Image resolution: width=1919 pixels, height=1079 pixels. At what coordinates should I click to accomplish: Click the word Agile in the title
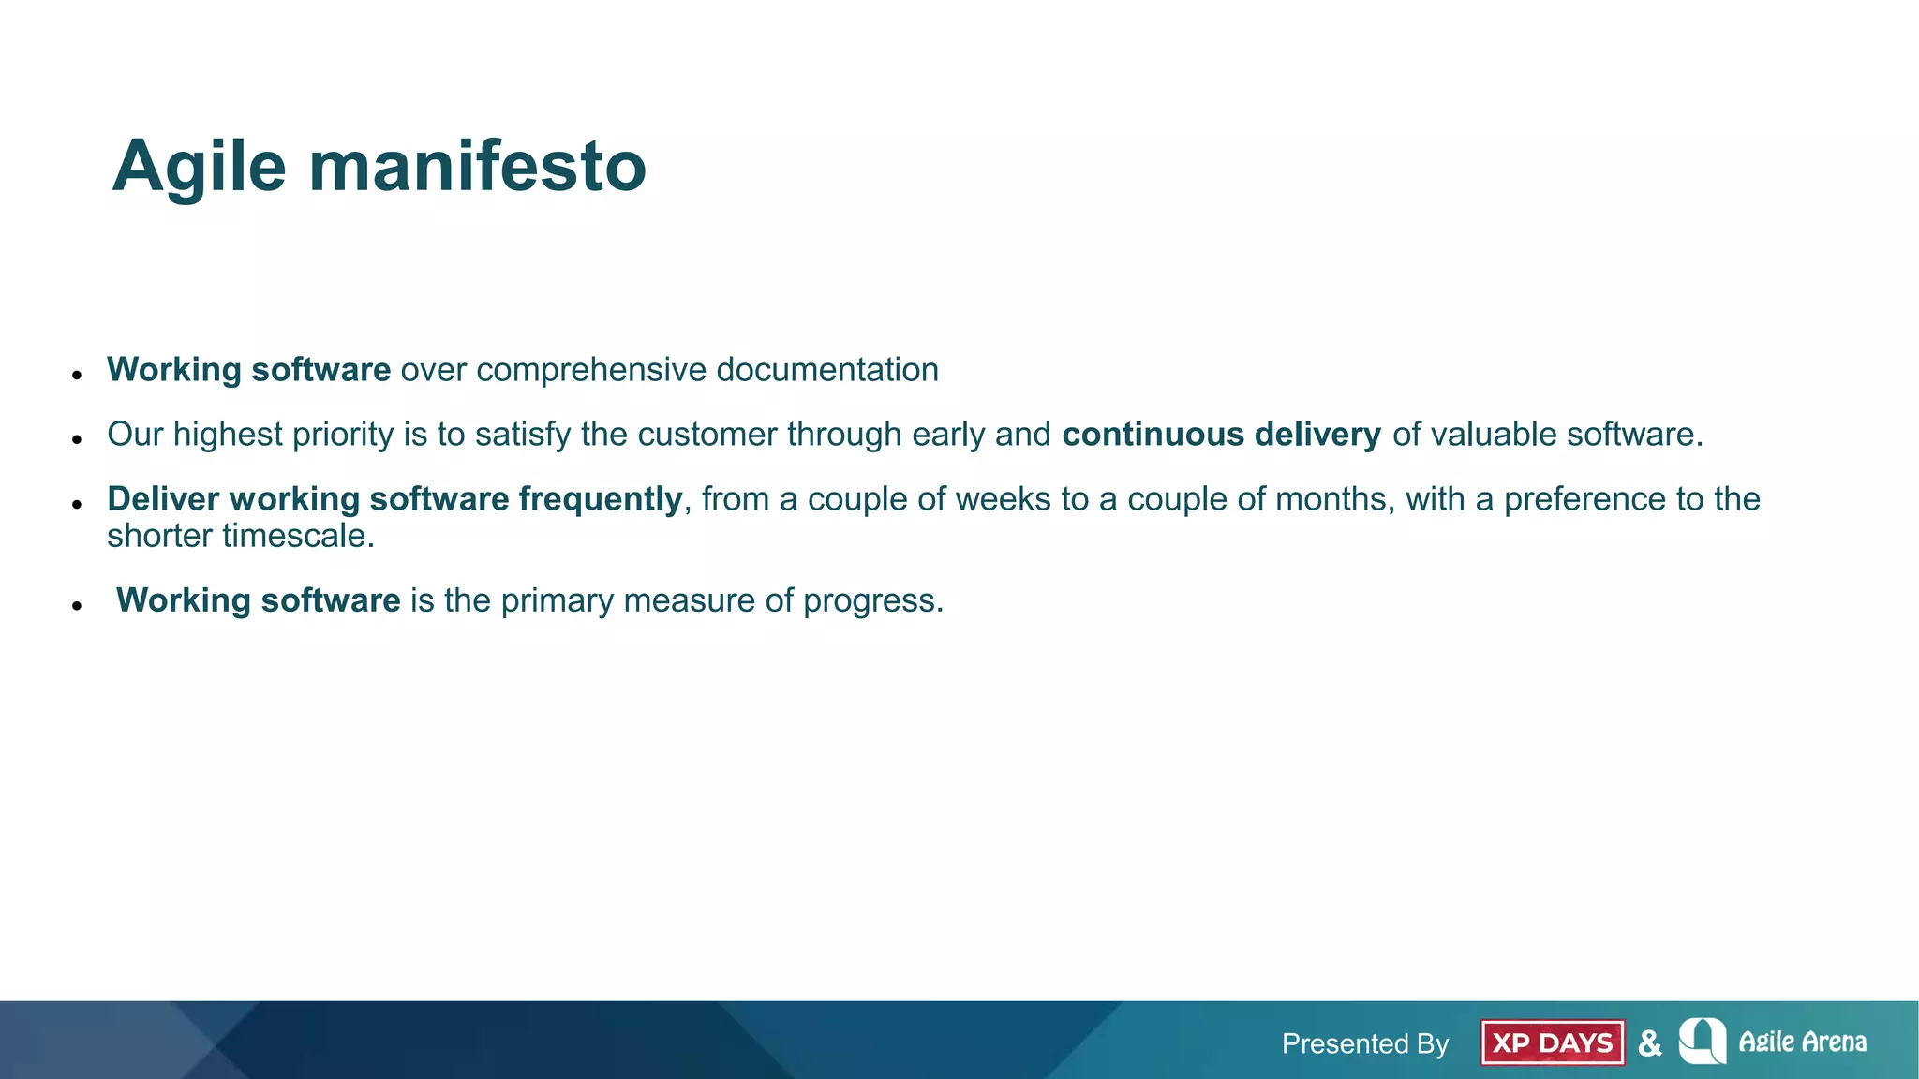click(199, 167)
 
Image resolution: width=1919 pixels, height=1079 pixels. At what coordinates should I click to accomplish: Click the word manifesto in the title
click(477, 167)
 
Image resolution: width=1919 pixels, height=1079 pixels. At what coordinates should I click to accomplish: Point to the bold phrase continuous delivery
click(1221, 435)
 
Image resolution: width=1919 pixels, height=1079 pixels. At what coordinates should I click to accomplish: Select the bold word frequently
click(600, 499)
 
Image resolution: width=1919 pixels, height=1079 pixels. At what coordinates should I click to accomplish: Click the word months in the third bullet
click(1330, 499)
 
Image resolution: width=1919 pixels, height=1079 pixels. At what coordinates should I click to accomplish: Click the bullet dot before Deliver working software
click(78, 504)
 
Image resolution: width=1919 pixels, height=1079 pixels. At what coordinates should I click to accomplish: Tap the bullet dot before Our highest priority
click(78, 439)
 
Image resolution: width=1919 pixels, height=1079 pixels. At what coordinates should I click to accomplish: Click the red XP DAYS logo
click(1552, 1042)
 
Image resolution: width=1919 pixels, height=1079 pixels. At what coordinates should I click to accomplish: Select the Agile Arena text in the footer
click(1802, 1042)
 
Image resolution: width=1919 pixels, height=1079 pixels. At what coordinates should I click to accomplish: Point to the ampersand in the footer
click(1650, 1042)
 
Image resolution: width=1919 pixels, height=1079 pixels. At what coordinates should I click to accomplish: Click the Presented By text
click(1364, 1043)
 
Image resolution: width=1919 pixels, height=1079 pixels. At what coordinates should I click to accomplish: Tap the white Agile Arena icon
click(1703, 1041)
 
